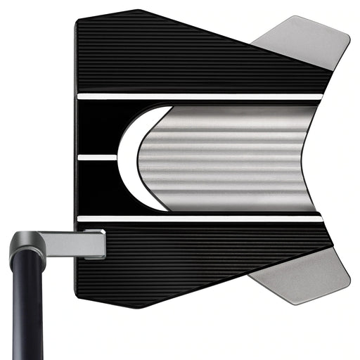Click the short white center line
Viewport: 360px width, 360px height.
click(x=97, y=157)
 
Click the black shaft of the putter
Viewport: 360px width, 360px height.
click(x=27, y=309)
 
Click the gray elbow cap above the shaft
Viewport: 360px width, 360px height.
click(x=27, y=246)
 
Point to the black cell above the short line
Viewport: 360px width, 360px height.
click(x=98, y=127)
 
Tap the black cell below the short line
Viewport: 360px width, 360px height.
click(x=98, y=186)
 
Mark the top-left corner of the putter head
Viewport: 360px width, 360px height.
click(x=77, y=21)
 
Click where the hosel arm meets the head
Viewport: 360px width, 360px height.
click(x=104, y=243)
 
